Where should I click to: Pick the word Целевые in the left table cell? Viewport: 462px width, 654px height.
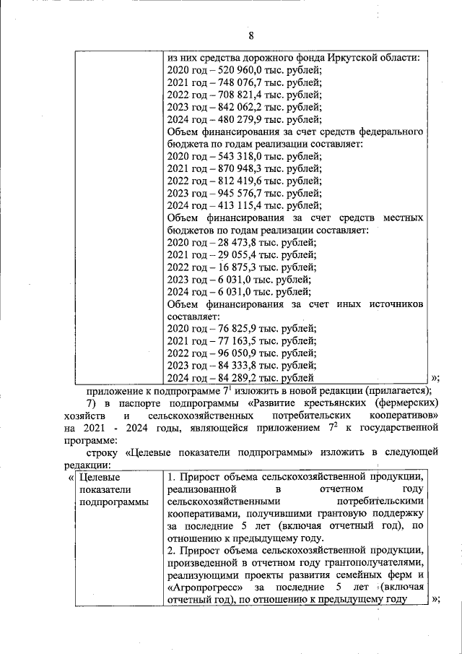pyautogui.click(x=99, y=478)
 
